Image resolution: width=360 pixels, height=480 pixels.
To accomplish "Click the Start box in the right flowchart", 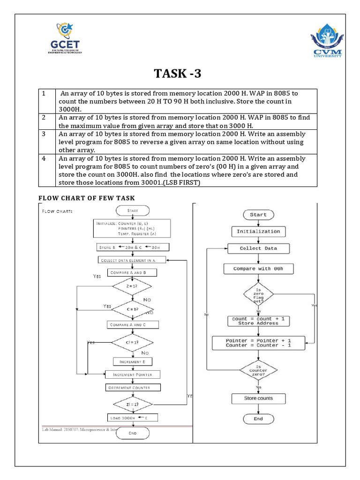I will coord(258,215).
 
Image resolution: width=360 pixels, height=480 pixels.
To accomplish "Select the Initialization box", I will coord(258,232).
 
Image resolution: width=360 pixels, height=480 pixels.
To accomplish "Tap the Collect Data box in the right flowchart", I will coord(258,248).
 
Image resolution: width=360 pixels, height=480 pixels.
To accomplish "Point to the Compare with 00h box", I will coord(258,269).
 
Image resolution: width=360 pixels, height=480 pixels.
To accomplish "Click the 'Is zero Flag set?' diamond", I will coord(258,294).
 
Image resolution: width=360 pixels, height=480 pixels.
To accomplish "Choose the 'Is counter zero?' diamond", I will coord(258,370).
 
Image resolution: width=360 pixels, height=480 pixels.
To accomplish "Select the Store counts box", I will coord(258,398).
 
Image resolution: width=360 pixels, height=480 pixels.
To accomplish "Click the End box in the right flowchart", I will coord(258,419).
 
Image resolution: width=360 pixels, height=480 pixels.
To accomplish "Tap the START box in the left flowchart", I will coord(133,211).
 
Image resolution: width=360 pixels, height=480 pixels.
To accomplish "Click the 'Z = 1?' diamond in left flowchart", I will coord(132,285).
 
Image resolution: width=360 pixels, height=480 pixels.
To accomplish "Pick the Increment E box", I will coord(133,361).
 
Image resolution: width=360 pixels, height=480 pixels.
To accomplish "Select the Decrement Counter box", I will coord(133,388).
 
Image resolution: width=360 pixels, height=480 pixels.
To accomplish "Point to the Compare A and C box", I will coord(133,324).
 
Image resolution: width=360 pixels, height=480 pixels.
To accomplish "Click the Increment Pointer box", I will coord(133,375).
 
